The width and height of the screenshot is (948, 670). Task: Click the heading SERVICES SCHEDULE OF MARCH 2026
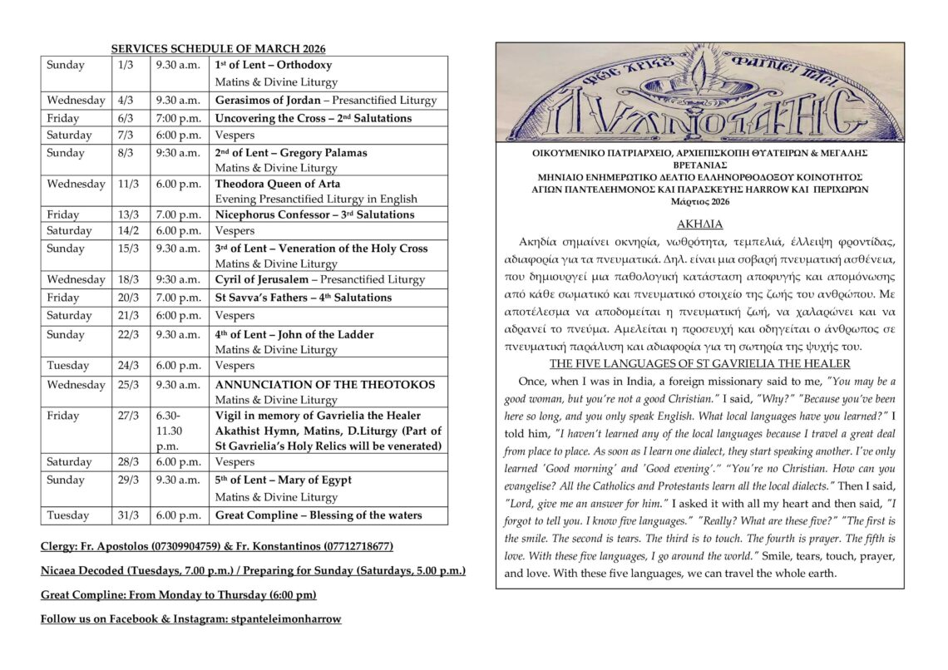218,49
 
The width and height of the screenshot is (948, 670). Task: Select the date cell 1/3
126,65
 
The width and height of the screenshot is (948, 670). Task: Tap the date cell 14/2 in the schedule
128,230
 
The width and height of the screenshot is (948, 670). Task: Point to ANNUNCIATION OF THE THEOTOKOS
325,385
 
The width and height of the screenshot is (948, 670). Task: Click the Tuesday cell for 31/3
68,515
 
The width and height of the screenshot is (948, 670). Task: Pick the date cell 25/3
128,385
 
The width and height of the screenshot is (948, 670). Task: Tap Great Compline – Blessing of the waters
318,515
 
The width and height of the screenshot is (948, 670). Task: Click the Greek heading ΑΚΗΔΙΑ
699,224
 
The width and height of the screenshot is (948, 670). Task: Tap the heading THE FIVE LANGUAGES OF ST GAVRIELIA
699,364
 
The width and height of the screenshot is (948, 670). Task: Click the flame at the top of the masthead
699,63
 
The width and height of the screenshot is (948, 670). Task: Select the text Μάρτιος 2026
699,202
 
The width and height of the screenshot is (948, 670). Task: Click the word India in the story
616,381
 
